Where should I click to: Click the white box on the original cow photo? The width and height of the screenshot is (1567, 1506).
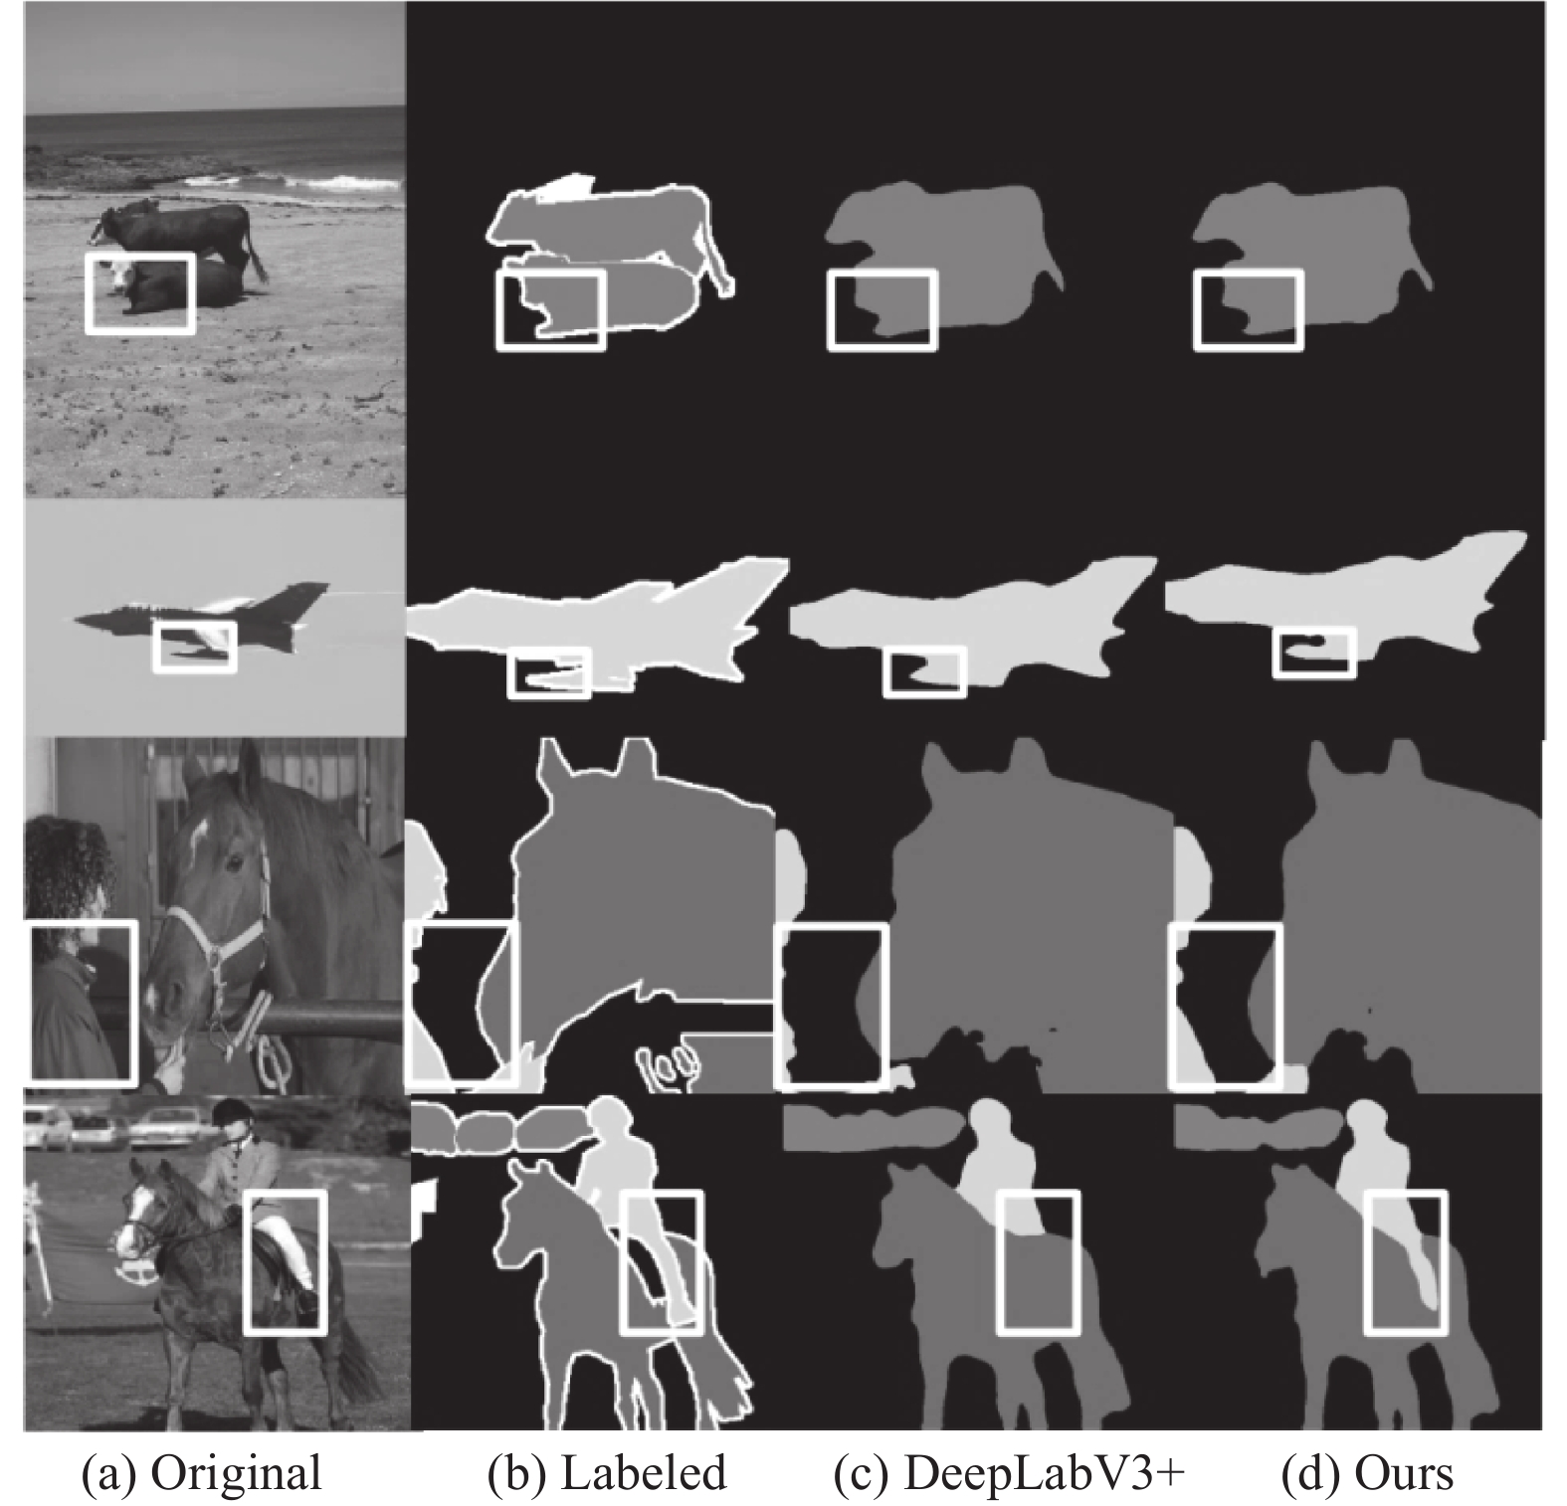[88, 292]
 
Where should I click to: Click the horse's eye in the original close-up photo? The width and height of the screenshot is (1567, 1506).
[233, 857]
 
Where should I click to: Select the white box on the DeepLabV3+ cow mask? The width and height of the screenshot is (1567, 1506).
[830, 309]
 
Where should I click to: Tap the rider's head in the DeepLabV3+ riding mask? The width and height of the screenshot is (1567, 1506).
[989, 1117]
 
